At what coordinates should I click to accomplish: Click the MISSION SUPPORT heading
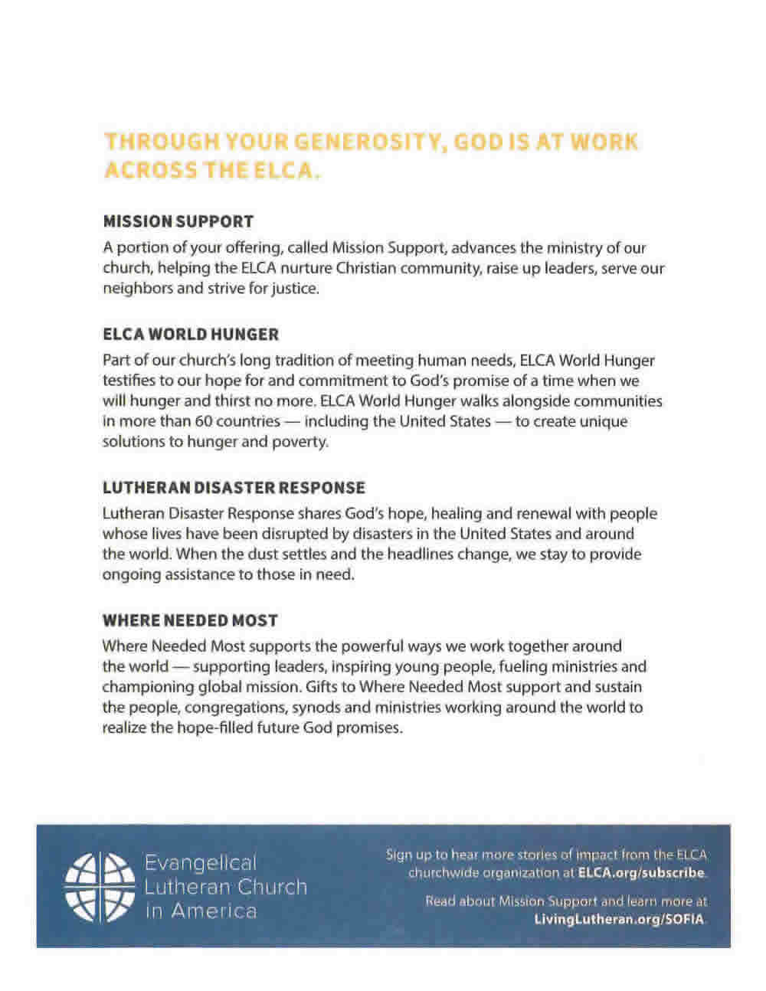pyautogui.click(x=178, y=222)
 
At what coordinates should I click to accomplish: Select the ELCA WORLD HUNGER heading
pyautogui.click(x=191, y=335)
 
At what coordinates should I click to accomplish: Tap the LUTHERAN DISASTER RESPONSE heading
pyautogui.click(x=234, y=488)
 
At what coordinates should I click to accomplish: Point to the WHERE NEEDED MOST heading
pyautogui.click(x=190, y=620)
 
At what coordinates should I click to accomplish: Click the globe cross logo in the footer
pyautogui.click(x=97, y=886)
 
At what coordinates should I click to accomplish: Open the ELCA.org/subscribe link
pyautogui.click(x=640, y=873)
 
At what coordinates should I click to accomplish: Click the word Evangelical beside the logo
pyautogui.click(x=201, y=863)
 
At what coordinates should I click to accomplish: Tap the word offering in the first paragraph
pyautogui.click(x=235, y=248)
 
